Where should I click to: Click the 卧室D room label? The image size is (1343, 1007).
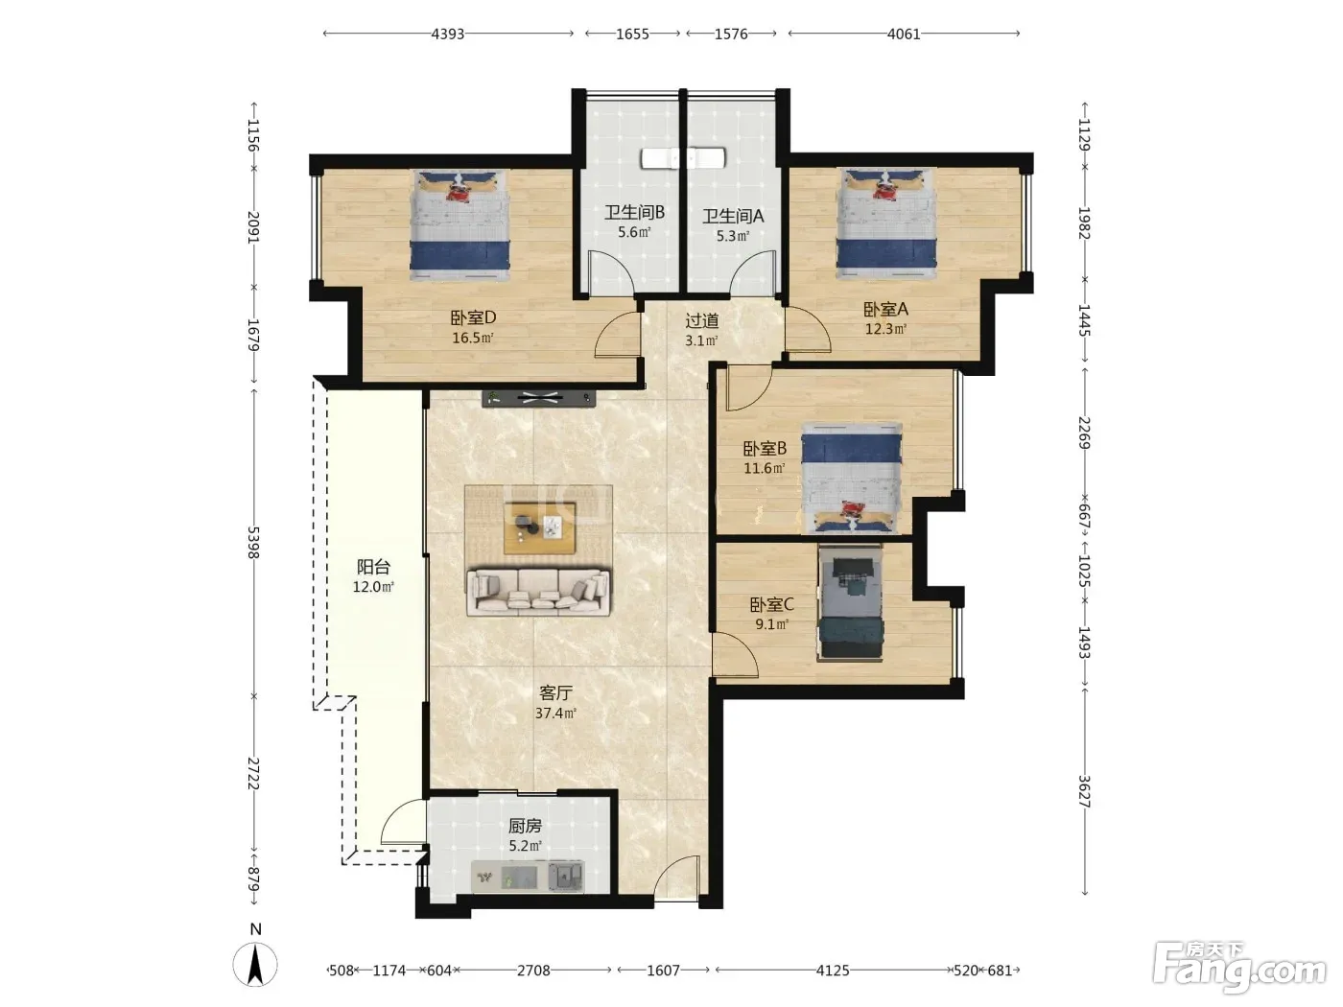coord(473,318)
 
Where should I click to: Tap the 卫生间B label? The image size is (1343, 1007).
coord(634,212)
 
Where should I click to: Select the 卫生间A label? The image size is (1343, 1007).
coord(733,216)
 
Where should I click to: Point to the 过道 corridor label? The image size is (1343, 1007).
coord(702,320)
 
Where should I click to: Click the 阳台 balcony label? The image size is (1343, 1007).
coord(373,567)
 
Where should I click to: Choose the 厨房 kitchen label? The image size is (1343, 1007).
coord(525,826)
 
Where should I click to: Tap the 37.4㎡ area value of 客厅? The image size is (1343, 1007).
coord(555,713)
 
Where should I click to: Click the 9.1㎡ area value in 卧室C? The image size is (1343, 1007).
coord(771,624)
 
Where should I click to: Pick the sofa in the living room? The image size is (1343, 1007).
coord(538,592)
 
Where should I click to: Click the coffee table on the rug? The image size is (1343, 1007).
coord(540,528)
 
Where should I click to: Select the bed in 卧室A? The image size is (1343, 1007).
coord(887,224)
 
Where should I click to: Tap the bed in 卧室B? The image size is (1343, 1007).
coord(852,479)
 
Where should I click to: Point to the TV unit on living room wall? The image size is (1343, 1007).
coord(539,399)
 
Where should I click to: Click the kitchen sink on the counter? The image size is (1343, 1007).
coord(565,878)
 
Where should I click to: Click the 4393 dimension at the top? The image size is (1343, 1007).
coord(448,34)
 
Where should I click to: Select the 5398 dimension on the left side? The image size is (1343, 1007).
coord(253,542)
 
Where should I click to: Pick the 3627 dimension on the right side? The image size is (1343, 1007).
coord(1084,792)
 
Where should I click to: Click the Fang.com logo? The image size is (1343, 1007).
coord(1239,972)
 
